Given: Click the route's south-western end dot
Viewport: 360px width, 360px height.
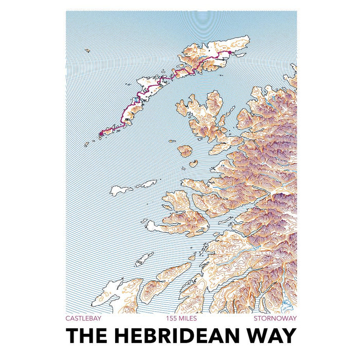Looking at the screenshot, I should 100,134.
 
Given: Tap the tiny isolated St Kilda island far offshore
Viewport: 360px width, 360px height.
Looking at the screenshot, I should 87,50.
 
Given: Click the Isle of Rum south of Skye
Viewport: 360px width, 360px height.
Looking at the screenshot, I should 185,151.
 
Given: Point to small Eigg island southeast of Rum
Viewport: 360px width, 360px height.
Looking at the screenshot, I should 193,164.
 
